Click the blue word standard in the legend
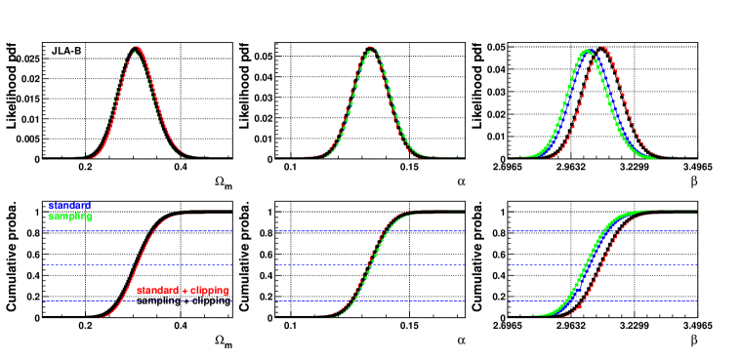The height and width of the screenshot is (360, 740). coord(69,206)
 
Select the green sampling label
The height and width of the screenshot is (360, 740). coord(69,217)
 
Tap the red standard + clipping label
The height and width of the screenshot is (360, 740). coord(183,291)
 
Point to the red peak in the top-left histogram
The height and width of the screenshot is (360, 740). coord(138,48)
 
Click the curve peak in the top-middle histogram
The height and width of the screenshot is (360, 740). coord(370,48)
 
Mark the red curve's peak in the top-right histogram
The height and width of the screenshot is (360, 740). coord(602,48)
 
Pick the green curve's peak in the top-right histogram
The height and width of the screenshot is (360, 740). coord(586,51)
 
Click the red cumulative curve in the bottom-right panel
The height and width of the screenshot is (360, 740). coord(612,263)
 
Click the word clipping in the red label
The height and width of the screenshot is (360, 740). coord(209,291)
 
